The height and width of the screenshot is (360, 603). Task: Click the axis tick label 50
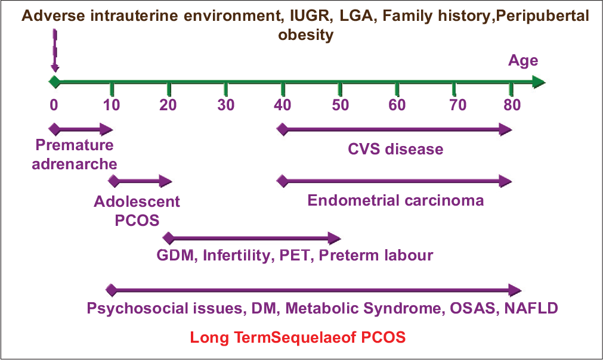point(341,105)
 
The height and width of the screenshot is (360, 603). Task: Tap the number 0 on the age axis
point(54,105)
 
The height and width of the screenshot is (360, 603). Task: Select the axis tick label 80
point(512,105)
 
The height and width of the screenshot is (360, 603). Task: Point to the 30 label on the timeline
point(225,105)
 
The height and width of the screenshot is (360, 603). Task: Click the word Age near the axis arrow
point(523,61)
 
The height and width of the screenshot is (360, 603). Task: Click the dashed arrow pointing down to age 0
point(55,50)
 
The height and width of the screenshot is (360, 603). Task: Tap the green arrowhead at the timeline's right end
point(539,82)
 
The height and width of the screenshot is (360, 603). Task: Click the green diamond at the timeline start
point(55,82)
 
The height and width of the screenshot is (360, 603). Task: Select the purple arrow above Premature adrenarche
point(81,129)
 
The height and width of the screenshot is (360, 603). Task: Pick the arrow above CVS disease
point(394,129)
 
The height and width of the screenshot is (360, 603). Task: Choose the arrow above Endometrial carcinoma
point(394,181)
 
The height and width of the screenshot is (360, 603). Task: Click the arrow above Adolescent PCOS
point(140,181)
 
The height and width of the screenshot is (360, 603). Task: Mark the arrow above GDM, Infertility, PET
point(252,238)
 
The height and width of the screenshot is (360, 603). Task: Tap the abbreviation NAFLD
point(531,308)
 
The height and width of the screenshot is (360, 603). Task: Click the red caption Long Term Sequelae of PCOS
point(298,338)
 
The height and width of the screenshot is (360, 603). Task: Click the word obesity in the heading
point(306,35)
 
